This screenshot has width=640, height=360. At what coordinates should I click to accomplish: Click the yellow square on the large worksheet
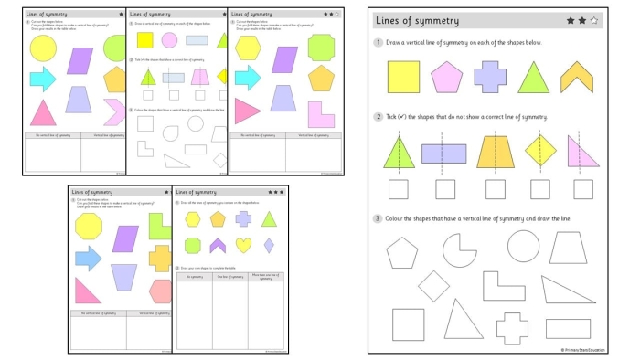click(x=403, y=77)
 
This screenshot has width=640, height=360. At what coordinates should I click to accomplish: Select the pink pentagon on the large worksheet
click(x=447, y=77)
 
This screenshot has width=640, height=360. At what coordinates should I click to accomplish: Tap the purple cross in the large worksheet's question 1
click(x=490, y=77)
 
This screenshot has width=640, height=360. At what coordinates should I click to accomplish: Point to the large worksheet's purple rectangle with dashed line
click(x=444, y=154)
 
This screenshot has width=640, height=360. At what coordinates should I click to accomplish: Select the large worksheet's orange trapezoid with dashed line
click(x=496, y=151)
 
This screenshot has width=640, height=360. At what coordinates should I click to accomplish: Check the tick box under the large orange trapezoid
click(x=496, y=189)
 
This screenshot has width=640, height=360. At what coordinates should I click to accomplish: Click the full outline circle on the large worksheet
click(x=524, y=247)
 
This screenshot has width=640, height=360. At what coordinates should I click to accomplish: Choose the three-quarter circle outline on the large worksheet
click(x=459, y=249)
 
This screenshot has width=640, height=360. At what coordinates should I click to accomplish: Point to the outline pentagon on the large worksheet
click(x=402, y=251)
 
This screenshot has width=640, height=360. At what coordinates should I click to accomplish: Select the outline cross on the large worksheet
click(x=512, y=327)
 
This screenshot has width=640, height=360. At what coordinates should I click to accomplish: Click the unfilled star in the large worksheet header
click(x=593, y=19)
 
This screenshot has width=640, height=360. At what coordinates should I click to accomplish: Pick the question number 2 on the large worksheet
click(x=378, y=117)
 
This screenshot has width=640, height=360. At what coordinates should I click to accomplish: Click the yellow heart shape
click(x=243, y=245)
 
